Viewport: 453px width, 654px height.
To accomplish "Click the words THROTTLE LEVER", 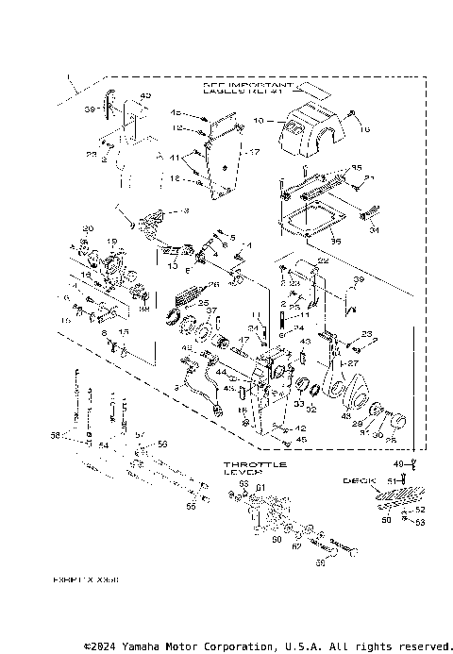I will pyautogui.click(x=256, y=469).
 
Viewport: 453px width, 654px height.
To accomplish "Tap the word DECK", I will pyautogui.click(x=352, y=480).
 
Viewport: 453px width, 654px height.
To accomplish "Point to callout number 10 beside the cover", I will pyautogui.click(x=258, y=122).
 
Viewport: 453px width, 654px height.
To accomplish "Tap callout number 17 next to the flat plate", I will pyautogui.click(x=254, y=151).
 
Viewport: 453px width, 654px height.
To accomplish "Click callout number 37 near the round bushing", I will pyautogui.click(x=212, y=310).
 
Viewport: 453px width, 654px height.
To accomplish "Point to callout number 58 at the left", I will pyautogui.click(x=55, y=437).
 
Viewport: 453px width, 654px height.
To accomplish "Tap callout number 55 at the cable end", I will pyautogui.click(x=192, y=507).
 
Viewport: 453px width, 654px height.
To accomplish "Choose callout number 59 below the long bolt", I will pyautogui.click(x=319, y=563).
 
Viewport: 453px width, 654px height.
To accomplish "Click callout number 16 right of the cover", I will pyautogui.click(x=366, y=129).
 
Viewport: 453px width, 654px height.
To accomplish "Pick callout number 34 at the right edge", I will pyautogui.click(x=374, y=228).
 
